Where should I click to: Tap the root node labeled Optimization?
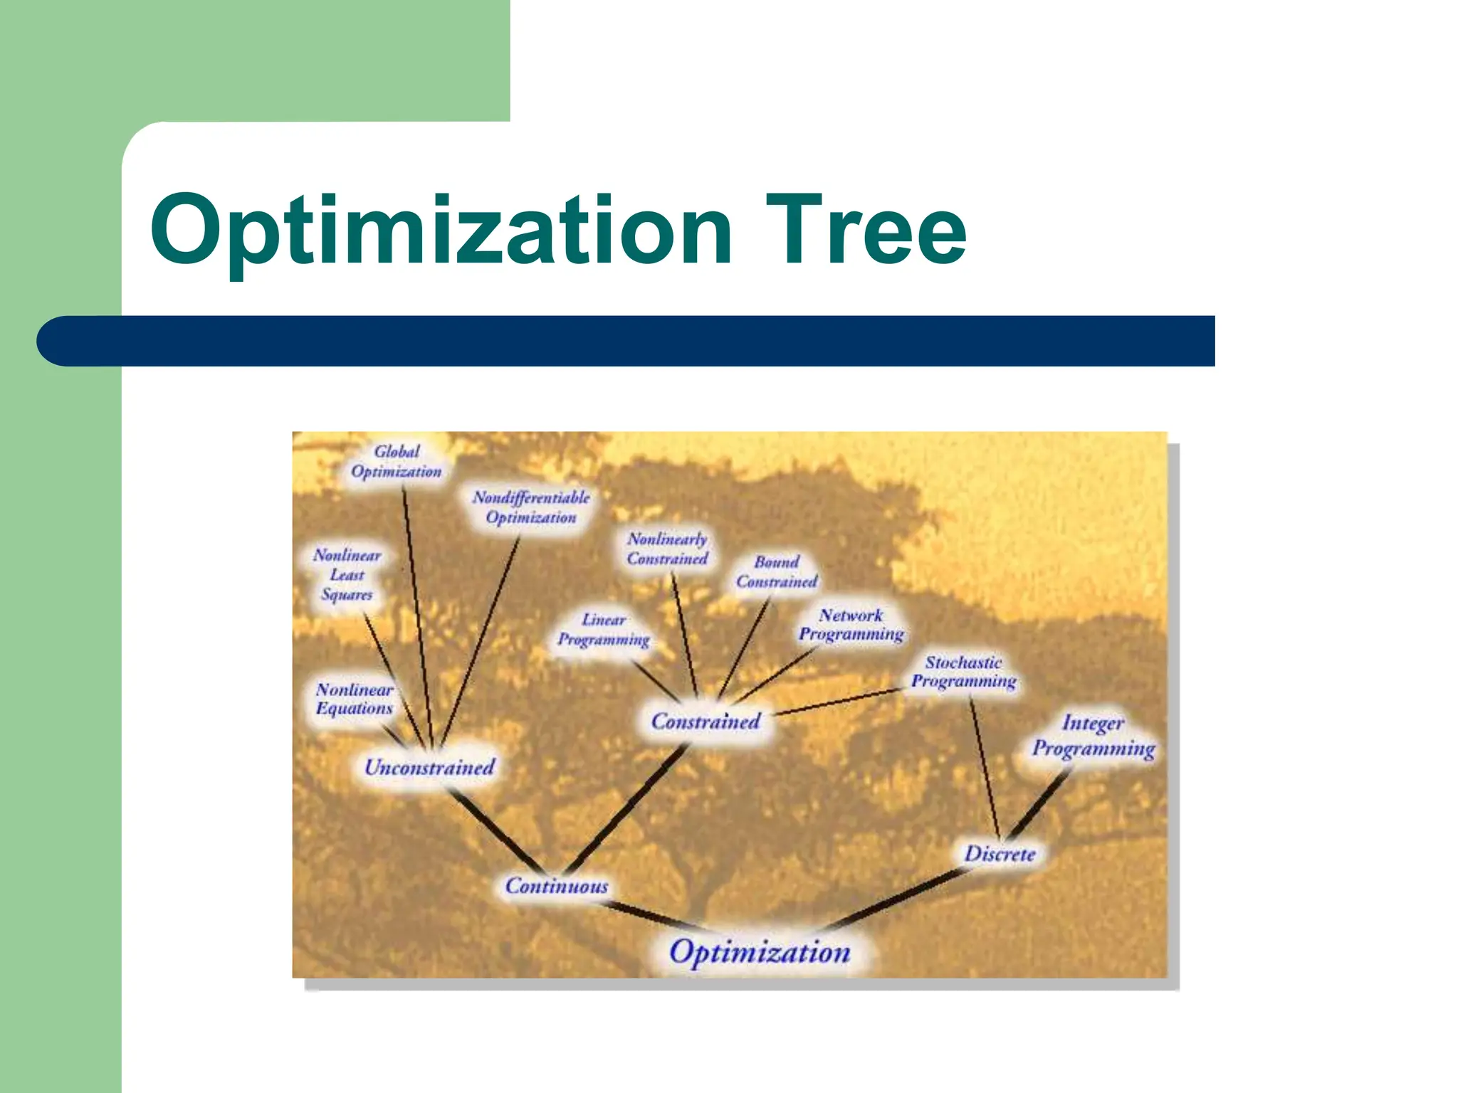click(x=760, y=952)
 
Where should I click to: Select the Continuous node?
click(x=557, y=886)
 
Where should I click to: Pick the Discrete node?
click(x=1000, y=853)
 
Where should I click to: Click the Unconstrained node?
click(x=429, y=767)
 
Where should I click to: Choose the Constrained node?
click(x=706, y=722)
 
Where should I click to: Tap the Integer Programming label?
click(x=1093, y=736)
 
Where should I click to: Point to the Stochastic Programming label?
click(x=964, y=672)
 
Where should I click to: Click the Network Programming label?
click(x=851, y=625)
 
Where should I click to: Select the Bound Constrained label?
click(x=777, y=572)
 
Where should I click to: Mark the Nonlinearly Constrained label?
click(x=667, y=549)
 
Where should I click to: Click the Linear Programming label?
click(x=604, y=630)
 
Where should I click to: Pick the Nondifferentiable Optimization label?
click(x=531, y=507)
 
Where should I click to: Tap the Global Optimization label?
click(x=397, y=462)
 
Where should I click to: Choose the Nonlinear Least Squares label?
click(x=347, y=574)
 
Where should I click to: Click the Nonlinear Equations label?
click(x=355, y=699)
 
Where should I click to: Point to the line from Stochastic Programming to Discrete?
click(x=985, y=769)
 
